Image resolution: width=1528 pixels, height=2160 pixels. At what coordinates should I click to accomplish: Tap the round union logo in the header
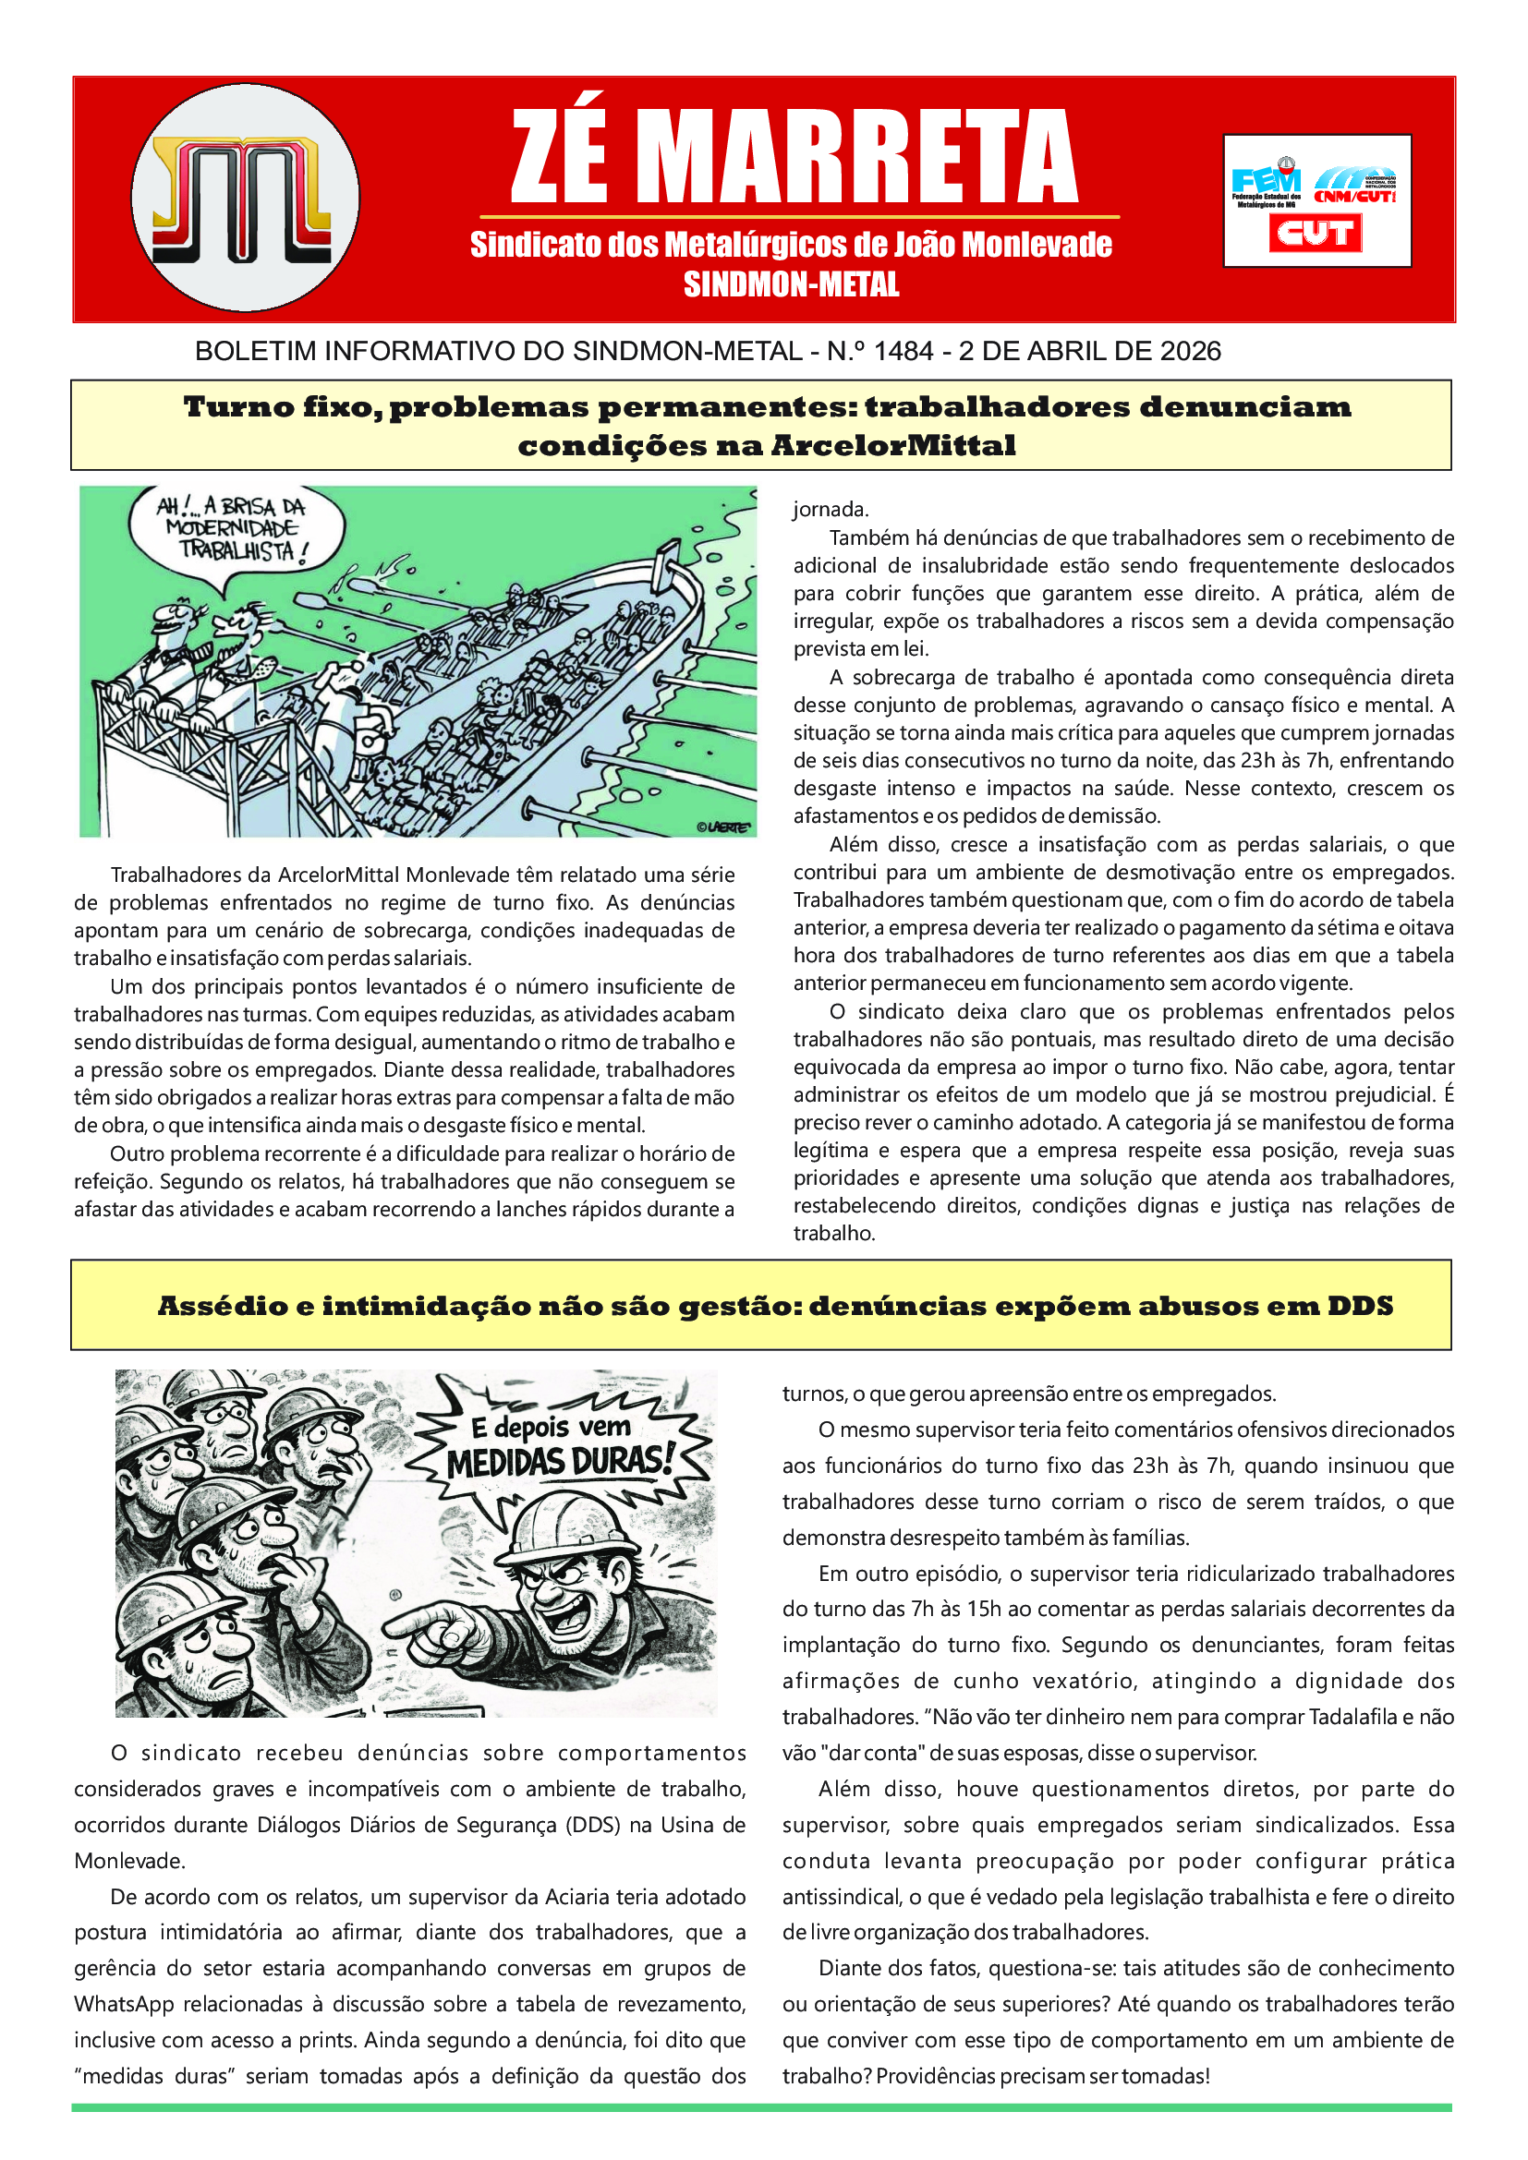[246, 198]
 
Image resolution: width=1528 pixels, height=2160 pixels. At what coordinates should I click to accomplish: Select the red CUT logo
[1316, 233]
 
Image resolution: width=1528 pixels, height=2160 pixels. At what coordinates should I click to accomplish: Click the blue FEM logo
[1266, 180]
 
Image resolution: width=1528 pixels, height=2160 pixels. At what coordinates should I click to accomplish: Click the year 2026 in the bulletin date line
[1190, 352]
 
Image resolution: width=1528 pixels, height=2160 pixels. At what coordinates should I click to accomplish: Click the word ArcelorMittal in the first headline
[893, 445]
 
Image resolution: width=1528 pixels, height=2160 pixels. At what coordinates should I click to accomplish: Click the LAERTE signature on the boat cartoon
[723, 827]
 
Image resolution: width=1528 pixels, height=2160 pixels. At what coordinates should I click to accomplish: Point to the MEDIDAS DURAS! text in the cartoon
[561, 1462]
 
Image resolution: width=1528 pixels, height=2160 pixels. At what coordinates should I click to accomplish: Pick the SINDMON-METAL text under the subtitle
[792, 284]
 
